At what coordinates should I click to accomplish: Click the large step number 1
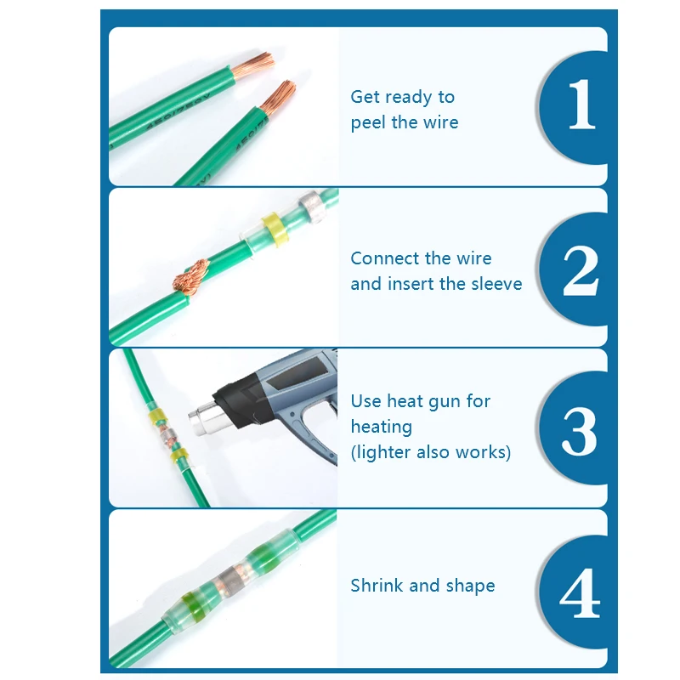582,104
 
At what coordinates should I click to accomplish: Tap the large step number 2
581,270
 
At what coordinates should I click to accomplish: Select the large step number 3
580,431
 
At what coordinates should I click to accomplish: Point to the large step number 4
580,592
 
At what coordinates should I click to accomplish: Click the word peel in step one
368,123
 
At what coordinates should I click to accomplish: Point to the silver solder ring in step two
310,206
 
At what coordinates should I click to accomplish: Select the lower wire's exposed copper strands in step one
278,97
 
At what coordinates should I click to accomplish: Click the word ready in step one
407,98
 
